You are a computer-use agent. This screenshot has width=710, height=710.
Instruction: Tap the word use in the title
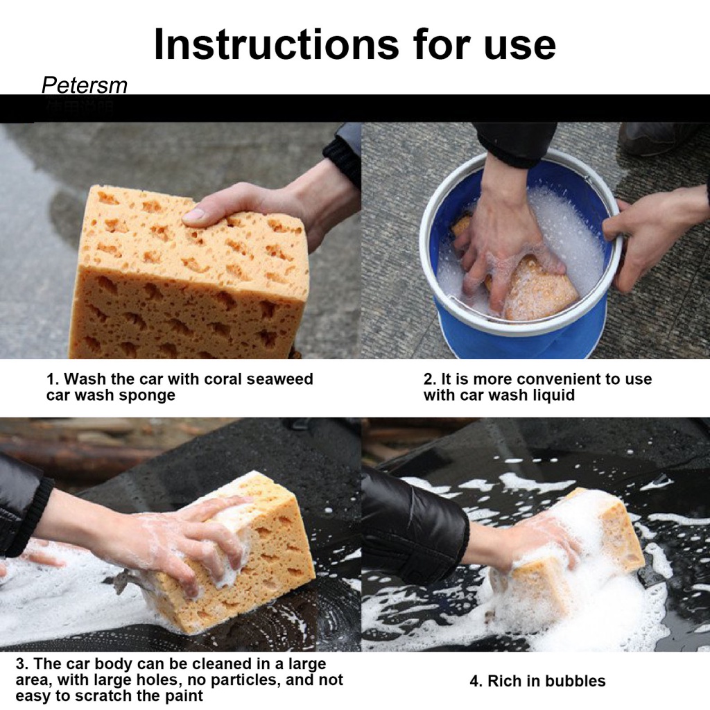click(x=519, y=48)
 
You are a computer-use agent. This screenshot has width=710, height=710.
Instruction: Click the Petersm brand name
click(x=84, y=85)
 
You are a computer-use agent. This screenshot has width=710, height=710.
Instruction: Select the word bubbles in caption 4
click(x=575, y=681)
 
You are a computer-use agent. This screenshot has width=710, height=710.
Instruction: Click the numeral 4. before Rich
click(x=476, y=681)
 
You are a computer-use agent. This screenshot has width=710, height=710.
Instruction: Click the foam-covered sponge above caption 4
click(x=571, y=562)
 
